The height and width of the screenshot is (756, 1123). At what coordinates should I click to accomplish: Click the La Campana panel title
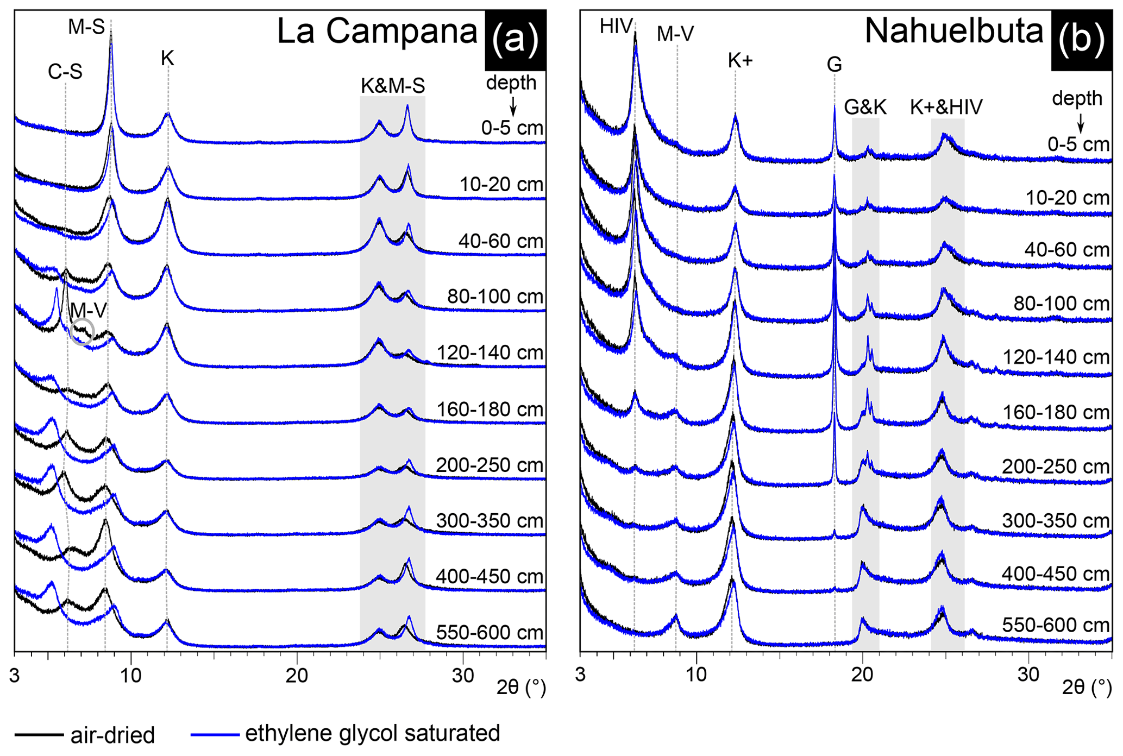(377, 31)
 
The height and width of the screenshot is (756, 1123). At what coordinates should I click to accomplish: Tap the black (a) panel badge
(515, 40)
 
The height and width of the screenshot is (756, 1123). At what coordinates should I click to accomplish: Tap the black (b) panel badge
(1081, 40)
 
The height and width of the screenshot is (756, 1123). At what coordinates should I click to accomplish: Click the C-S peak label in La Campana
(65, 72)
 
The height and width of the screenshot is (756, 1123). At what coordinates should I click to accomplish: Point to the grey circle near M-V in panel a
(82, 332)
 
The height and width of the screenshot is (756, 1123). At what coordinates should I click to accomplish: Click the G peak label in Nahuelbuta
(834, 65)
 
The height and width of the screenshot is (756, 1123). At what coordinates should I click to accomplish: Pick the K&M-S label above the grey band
(393, 86)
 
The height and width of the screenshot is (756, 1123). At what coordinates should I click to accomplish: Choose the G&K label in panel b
(865, 107)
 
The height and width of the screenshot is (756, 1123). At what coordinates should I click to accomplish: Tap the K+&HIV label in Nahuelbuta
(946, 107)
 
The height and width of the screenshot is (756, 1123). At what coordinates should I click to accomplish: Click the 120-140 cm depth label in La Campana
(490, 353)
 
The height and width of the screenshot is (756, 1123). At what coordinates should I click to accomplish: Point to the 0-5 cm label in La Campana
(512, 128)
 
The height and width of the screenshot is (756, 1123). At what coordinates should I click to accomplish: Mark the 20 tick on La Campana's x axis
(297, 675)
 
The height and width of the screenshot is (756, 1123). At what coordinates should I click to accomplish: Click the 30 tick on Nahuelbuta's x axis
(1028, 675)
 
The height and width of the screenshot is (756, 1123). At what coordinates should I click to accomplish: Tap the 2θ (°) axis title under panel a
(521, 688)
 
